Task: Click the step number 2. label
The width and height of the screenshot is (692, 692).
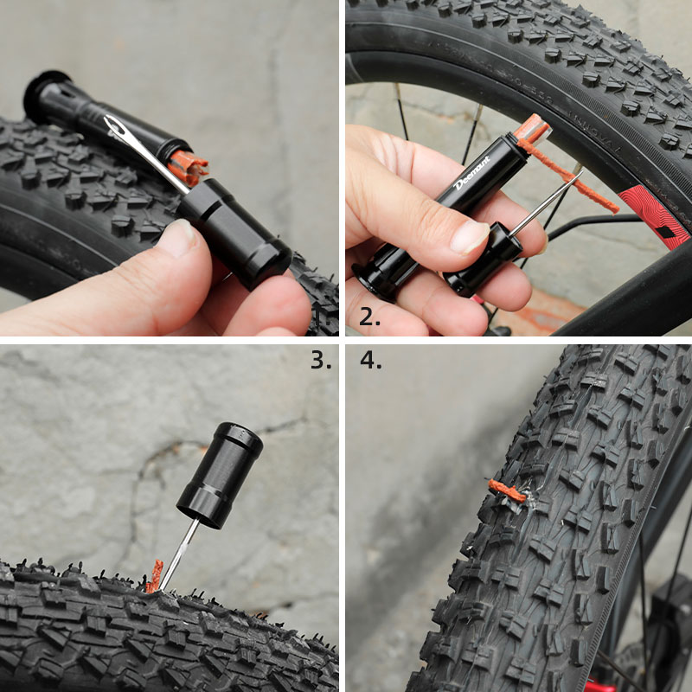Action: (369, 317)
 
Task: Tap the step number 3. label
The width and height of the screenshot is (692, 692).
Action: (321, 360)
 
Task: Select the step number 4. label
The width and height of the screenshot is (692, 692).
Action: (371, 360)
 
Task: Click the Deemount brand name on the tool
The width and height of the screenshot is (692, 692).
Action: (472, 172)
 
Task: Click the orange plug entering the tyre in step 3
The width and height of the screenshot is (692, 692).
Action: (155, 576)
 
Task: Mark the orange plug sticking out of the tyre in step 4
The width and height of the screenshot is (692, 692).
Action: (505, 492)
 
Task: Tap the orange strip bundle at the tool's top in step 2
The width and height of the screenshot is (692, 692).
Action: (535, 131)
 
